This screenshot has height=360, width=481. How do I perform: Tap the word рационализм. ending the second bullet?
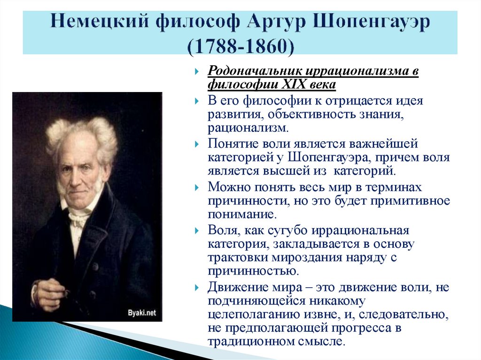(x=249, y=128)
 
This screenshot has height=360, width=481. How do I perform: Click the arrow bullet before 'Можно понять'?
(x=198, y=187)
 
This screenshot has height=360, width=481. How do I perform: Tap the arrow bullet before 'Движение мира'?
(x=198, y=287)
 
